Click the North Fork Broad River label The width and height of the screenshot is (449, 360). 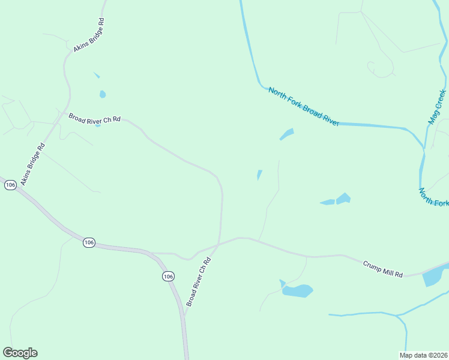304,107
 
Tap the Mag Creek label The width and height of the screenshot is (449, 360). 438,107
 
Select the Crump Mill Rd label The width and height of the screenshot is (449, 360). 382,268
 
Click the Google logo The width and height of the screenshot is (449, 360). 20,353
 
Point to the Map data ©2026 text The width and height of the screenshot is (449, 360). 423,355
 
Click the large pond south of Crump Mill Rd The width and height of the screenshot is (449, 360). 297,291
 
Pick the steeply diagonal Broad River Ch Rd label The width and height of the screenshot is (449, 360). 199,282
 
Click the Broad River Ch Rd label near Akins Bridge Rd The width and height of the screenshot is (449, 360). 94,118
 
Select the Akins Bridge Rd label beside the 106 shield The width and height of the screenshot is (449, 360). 33,164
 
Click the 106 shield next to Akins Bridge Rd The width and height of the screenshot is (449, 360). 10,185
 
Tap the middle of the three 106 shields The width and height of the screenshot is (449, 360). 89,242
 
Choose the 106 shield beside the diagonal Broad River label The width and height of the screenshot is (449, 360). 168,276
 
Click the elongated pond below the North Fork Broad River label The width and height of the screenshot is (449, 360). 287,134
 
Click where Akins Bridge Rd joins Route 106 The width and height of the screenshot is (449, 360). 16,187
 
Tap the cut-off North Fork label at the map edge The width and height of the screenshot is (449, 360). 433,197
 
